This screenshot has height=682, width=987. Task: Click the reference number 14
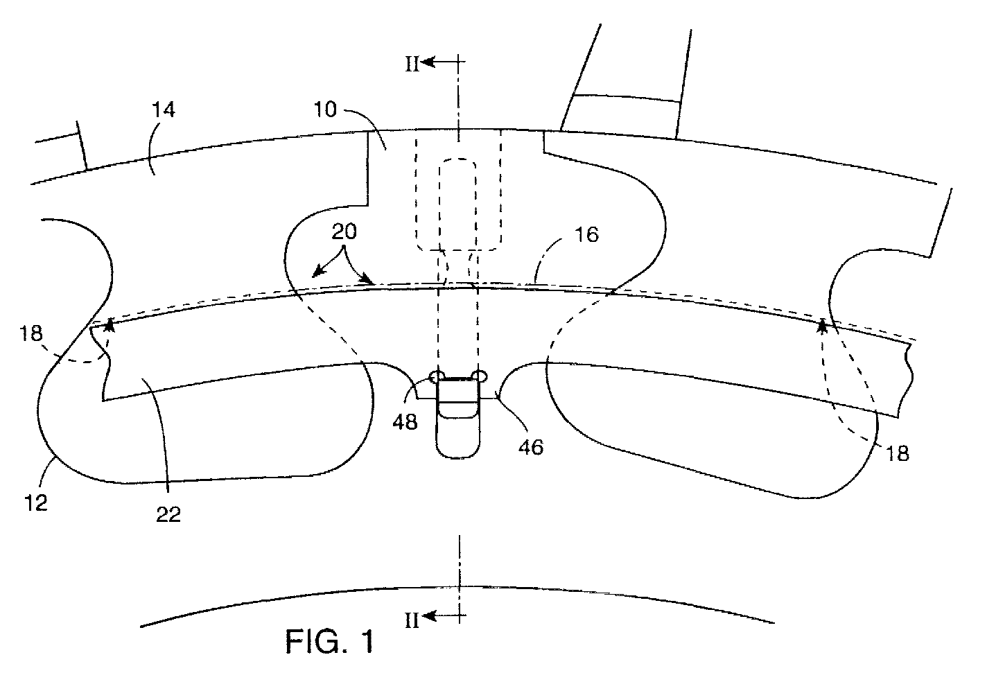point(164,110)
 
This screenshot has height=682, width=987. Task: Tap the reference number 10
point(325,110)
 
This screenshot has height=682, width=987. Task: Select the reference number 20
point(344,231)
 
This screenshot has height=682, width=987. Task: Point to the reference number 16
point(587,234)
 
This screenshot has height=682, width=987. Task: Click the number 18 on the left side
point(31,333)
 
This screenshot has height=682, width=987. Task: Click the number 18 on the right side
point(897,453)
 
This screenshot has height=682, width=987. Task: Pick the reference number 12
point(36,503)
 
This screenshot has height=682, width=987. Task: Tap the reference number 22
point(168,514)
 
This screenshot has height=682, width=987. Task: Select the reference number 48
point(405,422)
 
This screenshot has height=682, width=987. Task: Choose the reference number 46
point(532,447)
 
